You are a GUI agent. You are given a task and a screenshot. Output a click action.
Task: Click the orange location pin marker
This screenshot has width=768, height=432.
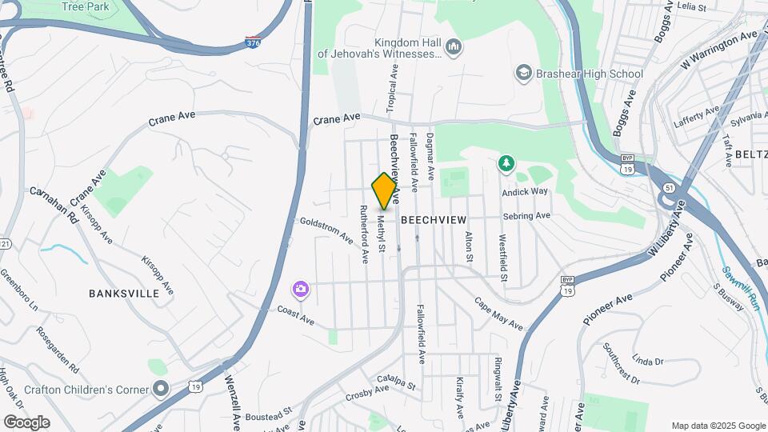385,191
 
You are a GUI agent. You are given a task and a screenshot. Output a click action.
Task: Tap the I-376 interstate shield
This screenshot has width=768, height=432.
253,40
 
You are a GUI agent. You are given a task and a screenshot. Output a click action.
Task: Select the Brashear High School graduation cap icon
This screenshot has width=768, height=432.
523,74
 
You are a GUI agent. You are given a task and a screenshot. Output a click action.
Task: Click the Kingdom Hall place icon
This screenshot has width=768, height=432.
454,48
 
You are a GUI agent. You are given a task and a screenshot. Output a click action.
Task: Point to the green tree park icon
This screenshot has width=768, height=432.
506,164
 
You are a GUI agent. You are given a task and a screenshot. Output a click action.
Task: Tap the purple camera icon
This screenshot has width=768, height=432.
301,289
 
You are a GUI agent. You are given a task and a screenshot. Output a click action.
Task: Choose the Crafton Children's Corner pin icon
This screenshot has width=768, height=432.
161,390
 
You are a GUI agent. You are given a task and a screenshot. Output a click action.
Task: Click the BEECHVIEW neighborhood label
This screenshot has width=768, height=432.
433,218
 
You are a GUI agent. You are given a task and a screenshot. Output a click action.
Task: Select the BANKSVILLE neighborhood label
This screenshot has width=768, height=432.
125,294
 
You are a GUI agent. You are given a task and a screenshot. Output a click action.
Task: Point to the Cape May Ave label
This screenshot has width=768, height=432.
498,314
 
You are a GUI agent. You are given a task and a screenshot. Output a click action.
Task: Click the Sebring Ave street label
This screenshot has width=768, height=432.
526,216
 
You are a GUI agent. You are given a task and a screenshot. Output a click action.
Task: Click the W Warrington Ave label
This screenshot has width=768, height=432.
718,50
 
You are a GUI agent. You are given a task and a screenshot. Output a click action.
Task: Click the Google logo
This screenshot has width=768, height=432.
26,422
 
